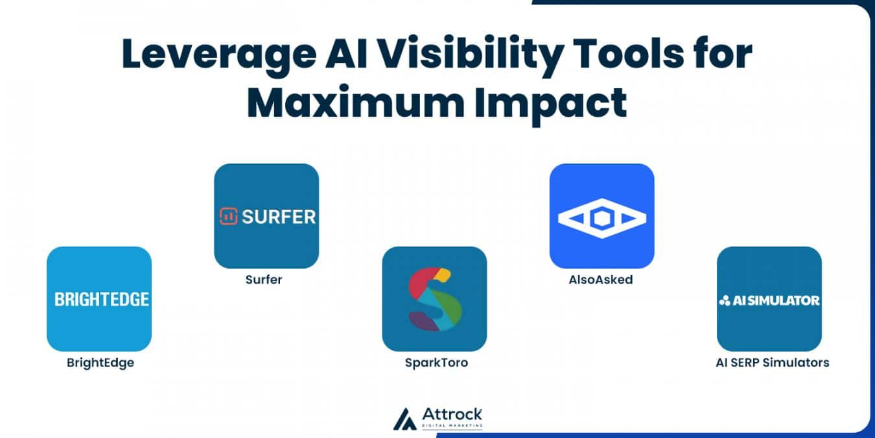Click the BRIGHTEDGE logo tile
click(x=99, y=298)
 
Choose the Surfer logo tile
click(x=266, y=216)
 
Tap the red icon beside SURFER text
click(x=229, y=216)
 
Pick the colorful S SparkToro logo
click(x=435, y=299)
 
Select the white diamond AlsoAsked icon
click(x=602, y=218)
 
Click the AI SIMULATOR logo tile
click(x=769, y=298)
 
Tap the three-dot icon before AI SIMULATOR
click(x=725, y=300)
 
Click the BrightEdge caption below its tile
click(x=100, y=363)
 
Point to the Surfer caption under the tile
click(x=264, y=280)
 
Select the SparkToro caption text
click(x=436, y=363)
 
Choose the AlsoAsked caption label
click(x=601, y=280)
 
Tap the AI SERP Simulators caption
click(x=772, y=363)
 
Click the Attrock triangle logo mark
click(x=404, y=419)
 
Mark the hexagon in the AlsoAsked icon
click(x=602, y=218)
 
